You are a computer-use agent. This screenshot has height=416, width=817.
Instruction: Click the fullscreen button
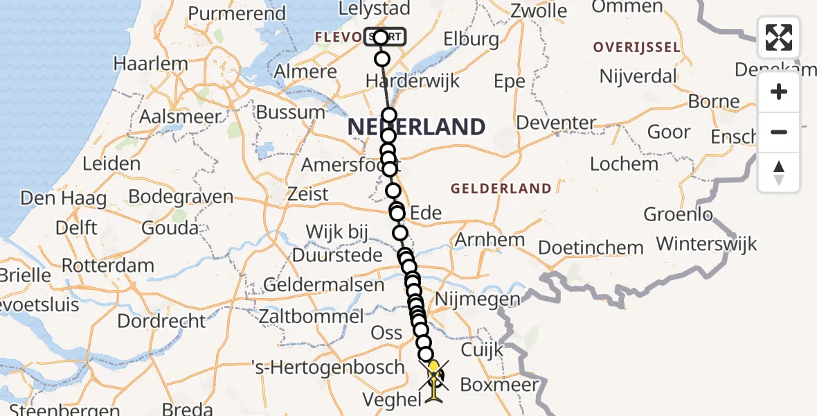pyautogui.click(x=779, y=37)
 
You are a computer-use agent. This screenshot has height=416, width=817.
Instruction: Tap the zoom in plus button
pyautogui.click(x=779, y=92)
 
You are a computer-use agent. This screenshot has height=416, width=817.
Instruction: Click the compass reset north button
pyautogui.click(x=779, y=172)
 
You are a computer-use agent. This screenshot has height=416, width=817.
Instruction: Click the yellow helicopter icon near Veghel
pyautogui.click(x=433, y=381)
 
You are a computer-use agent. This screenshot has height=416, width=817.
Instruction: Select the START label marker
pyautogui.click(x=386, y=37)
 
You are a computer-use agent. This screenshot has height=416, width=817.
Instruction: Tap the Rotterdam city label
pyautogui.click(x=107, y=266)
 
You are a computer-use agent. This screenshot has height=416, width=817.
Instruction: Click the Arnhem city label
pyautogui.click(x=490, y=241)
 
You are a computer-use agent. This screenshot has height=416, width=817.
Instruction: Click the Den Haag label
pyautogui.click(x=64, y=198)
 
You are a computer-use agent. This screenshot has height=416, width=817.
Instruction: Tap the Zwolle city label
pyautogui.click(x=539, y=10)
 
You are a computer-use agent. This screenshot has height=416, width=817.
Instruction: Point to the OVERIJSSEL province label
pyautogui.click(x=637, y=47)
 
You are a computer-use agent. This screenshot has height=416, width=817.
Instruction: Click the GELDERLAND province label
pyautogui.click(x=501, y=188)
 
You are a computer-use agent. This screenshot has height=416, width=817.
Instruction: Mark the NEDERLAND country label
pyautogui.click(x=416, y=127)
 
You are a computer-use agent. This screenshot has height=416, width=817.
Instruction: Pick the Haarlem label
pyautogui.click(x=150, y=64)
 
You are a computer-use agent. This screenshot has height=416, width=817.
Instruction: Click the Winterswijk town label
pyautogui.click(x=706, y=244)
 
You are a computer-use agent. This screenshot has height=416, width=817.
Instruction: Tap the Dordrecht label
pyautogui.click(x=161, y=321)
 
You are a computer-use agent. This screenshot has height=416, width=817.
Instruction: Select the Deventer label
pyautogui.click(x=556, y=123)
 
